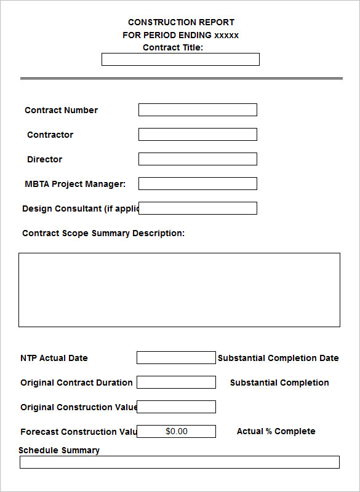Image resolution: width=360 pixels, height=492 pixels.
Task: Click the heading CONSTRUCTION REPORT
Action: [x=181, y=23]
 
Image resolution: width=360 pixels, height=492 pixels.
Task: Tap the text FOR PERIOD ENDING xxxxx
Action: [x=180, y=35]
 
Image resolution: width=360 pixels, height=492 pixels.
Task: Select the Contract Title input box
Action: [x=180, y=60]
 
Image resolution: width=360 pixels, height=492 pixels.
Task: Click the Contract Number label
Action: [x=61, y=111]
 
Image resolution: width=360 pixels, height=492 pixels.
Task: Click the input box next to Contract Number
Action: [x=198, y=110]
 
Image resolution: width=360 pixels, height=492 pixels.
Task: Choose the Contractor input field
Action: [x=198, y=135]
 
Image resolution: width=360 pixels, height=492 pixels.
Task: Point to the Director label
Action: [x=44, y=160]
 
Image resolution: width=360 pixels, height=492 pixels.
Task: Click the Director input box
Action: [x=198, y=159]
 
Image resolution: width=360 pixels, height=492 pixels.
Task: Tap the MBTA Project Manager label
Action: [x=75, y=184]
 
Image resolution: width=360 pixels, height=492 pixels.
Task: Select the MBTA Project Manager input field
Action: [x=198, y=184]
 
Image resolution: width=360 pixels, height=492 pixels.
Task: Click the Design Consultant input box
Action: [x=198, y=208]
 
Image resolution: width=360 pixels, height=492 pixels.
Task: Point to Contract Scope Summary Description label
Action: [x=103, y=234]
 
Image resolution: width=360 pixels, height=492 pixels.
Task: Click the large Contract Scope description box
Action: [x=179, y=290]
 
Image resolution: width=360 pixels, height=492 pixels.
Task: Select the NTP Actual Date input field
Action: [x=176, y=358]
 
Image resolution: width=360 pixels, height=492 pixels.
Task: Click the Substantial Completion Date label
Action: [x=278, y=358]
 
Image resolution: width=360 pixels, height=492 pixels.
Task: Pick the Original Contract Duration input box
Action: [x=176, y=383]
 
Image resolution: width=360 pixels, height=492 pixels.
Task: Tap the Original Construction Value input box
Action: [x=176, y=407]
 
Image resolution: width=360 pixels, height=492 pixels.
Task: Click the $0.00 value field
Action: [x=176, y=432]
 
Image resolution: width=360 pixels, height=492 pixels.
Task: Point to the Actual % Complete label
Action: [x=276, y=432]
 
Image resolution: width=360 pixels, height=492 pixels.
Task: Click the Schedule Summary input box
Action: [x=179, y=462]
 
